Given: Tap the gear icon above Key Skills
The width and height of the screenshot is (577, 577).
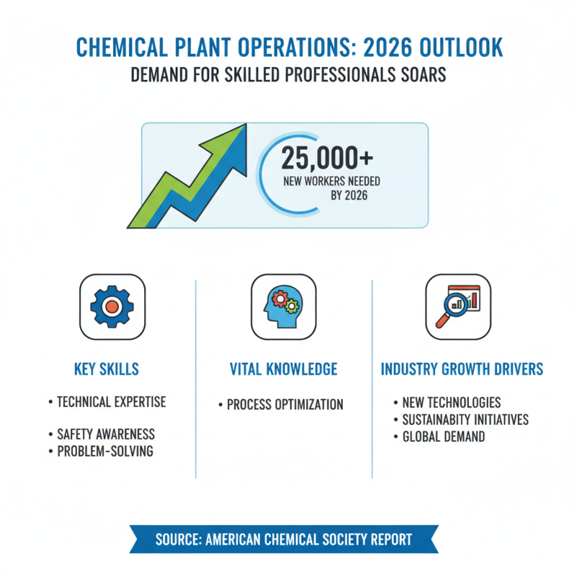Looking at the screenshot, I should (x=111, y=307).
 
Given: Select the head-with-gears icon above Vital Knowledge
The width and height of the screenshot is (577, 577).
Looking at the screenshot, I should (x=283, y=307).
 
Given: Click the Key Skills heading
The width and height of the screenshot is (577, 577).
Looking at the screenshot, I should (x=107, y=369).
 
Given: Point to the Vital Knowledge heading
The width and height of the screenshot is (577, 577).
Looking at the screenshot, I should (x=283, y=369).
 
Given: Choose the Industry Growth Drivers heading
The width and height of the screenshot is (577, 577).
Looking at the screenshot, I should (x=462, y=369).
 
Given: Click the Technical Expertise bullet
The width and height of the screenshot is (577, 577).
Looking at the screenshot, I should (x=110, y=402).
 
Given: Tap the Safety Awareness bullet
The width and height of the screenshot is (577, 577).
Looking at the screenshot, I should (x=105, y=434).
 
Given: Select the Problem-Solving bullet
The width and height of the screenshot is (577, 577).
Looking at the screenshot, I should (x=105, y=452).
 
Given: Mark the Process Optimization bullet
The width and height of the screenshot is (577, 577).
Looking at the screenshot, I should (x=284, y=405).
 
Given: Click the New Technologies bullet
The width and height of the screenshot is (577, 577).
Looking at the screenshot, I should (x=451, y=402).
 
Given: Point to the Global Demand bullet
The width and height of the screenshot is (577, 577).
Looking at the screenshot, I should (x=443, y=436).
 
